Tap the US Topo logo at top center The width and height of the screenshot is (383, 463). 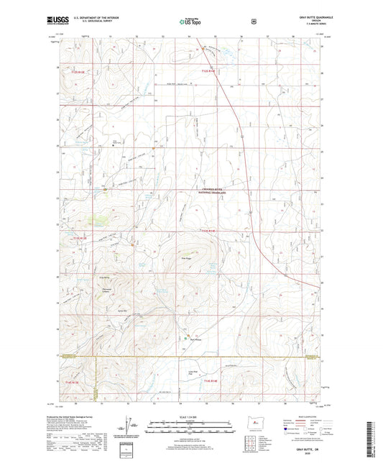click(190, 22)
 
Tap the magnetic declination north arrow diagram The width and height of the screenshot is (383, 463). click(134, 428)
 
